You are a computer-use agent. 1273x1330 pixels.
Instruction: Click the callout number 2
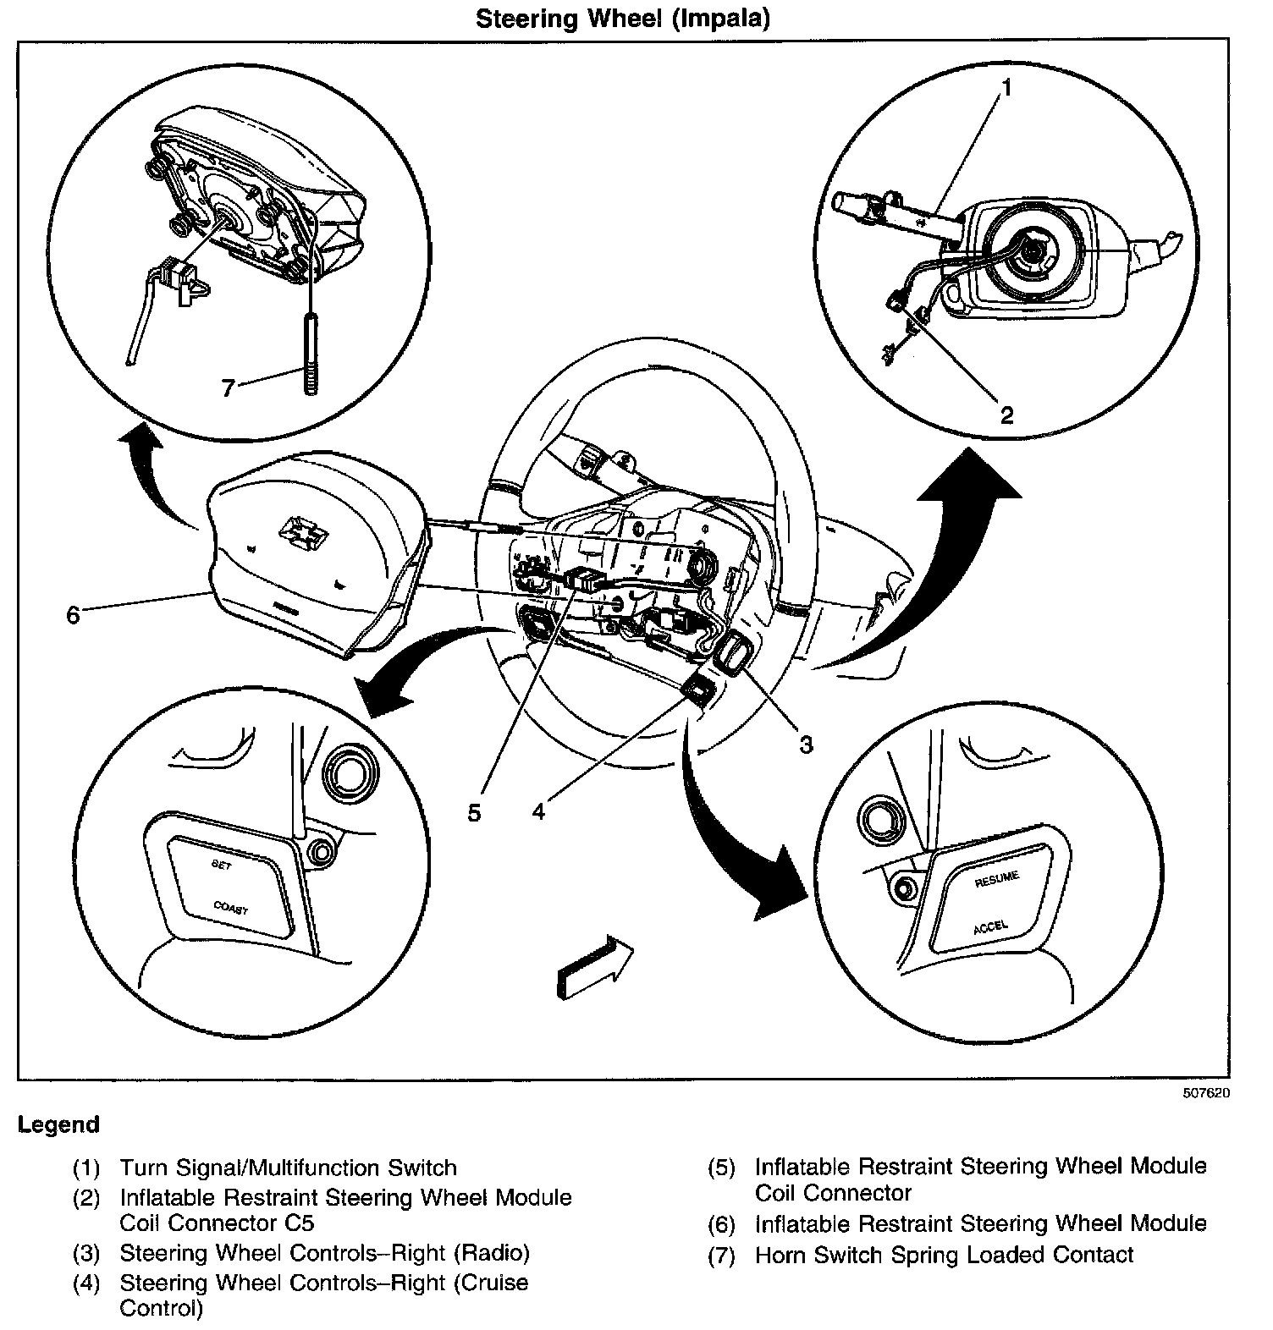(1006, 415)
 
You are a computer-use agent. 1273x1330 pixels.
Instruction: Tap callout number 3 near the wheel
(806, 744)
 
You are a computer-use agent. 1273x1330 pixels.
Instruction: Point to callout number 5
(474, 812)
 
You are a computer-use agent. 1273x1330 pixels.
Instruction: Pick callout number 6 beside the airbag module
(73, 615)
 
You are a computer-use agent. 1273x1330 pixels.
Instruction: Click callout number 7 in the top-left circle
(227, 387)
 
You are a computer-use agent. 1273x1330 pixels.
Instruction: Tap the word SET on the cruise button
(220, 865)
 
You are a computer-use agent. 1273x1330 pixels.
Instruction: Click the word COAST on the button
(230, 908)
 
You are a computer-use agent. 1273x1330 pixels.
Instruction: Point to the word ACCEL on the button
(990, 926)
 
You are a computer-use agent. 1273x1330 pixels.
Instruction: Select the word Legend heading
(58, 1124)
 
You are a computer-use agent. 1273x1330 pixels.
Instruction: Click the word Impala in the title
(721, 19)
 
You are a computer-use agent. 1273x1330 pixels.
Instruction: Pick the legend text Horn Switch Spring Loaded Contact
(944, 1255)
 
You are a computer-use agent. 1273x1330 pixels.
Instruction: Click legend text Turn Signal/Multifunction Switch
(288, 1168)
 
